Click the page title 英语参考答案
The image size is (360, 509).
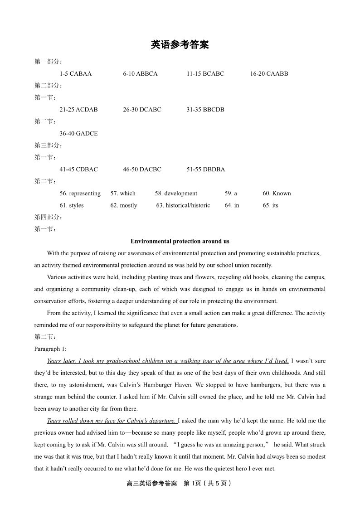180,45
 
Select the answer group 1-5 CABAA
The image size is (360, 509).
75,73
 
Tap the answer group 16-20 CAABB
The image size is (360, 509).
269,73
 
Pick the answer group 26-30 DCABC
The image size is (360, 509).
142,109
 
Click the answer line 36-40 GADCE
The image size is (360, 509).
78,133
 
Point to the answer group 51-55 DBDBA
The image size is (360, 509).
205,169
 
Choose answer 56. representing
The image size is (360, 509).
80,193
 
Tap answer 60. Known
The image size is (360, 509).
277,193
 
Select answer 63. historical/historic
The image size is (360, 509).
183,205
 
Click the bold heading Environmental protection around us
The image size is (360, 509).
180,241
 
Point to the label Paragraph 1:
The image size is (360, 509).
50,349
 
